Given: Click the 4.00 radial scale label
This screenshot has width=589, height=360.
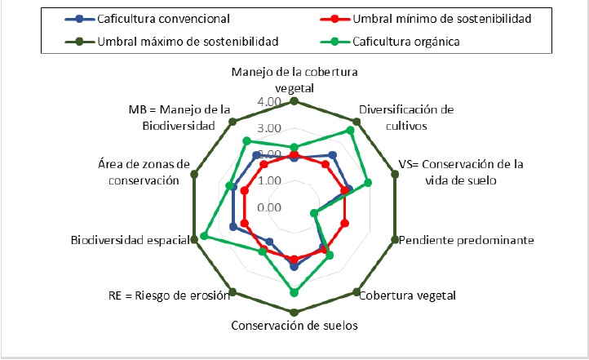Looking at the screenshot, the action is (268, 102).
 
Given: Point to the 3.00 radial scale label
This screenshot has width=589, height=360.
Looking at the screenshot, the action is (268, 128).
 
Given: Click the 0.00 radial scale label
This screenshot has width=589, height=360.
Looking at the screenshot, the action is (268, 207).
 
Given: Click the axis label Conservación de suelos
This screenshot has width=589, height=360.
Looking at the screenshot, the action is (294, 325).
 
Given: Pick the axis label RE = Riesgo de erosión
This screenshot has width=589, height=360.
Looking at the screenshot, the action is (168, 295).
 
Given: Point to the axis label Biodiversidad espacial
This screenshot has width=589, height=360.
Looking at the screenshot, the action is (130, 241).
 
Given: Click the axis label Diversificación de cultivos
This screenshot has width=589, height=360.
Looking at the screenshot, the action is (406, 117).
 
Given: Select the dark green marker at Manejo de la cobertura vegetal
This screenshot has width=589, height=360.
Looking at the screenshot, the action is (294, 102).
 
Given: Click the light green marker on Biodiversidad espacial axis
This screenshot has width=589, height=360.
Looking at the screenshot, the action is (203, 237).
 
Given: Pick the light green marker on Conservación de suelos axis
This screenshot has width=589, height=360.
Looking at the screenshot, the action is (294, 292).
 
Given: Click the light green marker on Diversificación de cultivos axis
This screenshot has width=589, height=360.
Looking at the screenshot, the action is (351, 130).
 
